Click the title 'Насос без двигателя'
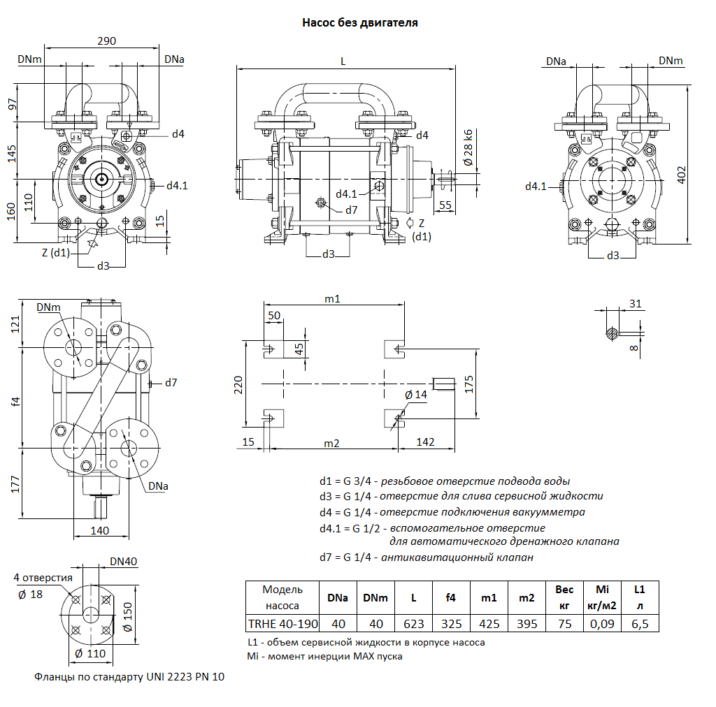pyautogui.click(x=359, y=22)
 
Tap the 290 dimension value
pyautogui.click(x=106, y=41)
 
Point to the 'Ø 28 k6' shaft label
pyautogui.click(x=468, y=148)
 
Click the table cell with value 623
pyautogui.click(x=413, y=624)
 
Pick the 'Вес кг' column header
pyautogui.click(x=564, y=597)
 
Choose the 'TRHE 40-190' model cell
pyautogui.click(x=282, y=624)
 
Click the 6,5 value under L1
pyautogui.click(x=640, y=624)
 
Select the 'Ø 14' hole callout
pyautogui.click(x=416, y=395)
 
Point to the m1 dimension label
pyautogui.click(x=332, y=299)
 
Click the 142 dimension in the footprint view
pyautogui.click(x=425, y=442)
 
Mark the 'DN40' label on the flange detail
pyautogui.click(x=124, y=561)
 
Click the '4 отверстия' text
pyautogui.click(x=43, y=578)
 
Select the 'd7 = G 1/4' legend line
pyautogui.click(x=426, y=557)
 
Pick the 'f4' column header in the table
pyautogui.click(x=451, y=598)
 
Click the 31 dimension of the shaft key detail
pyautogui.click(x=635, y=303)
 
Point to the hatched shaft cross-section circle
pyautogui.click(x=613, y=333)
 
